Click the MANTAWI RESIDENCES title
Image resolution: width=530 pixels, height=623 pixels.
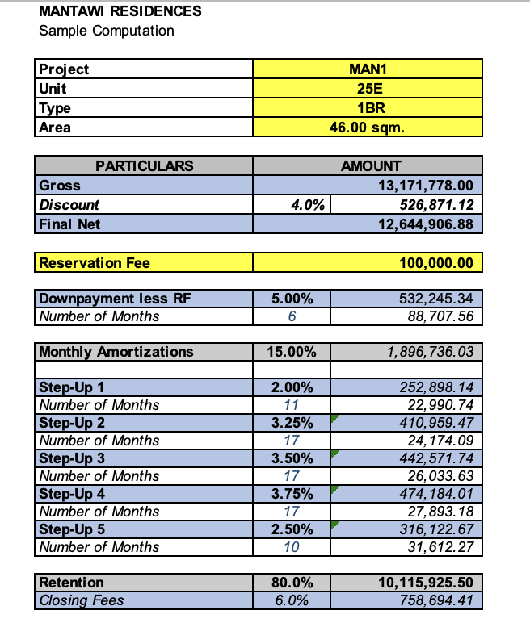click(x=120, y=11)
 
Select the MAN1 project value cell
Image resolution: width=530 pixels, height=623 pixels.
click(x=368, y=69)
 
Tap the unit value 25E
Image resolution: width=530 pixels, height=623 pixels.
click(x=368, y=88)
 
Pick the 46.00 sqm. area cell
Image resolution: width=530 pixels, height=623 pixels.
click(x=368, y=127)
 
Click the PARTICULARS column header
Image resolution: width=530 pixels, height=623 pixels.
click(x=145, y=165)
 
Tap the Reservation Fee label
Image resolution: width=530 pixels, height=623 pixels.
click(x=95, y=263)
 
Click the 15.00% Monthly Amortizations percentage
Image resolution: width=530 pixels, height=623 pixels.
click(x=292, y=352)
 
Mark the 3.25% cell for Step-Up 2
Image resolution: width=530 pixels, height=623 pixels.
click(x=292, y=423)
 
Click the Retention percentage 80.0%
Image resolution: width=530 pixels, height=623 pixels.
click(x=292, y=583)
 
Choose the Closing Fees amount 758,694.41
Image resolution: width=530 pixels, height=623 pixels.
click(x=439, y=600)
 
